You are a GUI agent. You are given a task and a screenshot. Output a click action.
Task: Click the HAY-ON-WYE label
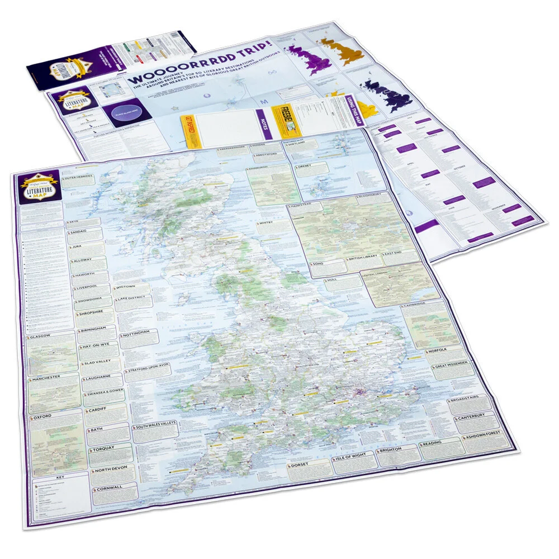point(98,347)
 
